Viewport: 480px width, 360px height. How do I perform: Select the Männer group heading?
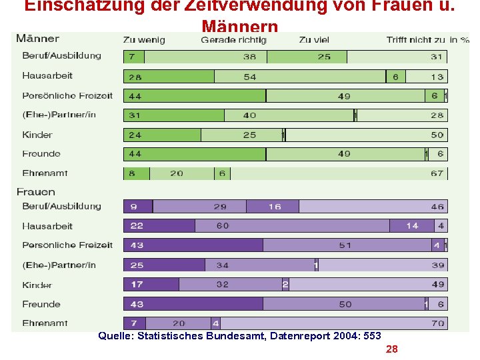37,39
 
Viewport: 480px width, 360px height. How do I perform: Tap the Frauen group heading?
36,191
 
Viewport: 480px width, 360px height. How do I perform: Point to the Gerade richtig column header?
233,40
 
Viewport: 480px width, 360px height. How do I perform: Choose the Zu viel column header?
314,40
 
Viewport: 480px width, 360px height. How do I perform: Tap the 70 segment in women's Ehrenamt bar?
333,323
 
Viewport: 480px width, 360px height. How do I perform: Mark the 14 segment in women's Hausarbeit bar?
413,226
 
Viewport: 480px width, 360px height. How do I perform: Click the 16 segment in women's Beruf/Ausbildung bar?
275,207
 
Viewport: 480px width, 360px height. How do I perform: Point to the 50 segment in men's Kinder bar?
365,135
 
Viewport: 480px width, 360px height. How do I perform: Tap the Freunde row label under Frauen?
41,304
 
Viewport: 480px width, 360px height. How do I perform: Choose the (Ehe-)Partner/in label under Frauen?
59,265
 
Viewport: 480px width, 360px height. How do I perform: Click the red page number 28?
391,349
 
